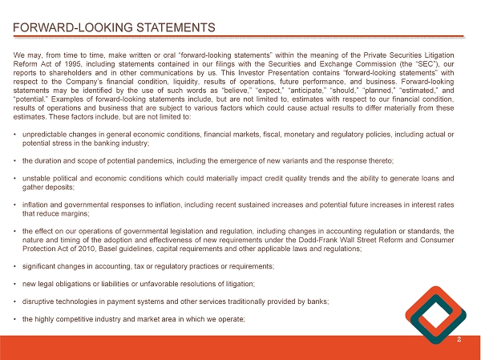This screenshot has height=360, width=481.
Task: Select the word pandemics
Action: point(137,161)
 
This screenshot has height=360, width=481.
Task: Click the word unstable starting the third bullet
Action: point(37,180)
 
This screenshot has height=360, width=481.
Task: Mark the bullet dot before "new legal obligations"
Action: point(16,284)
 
